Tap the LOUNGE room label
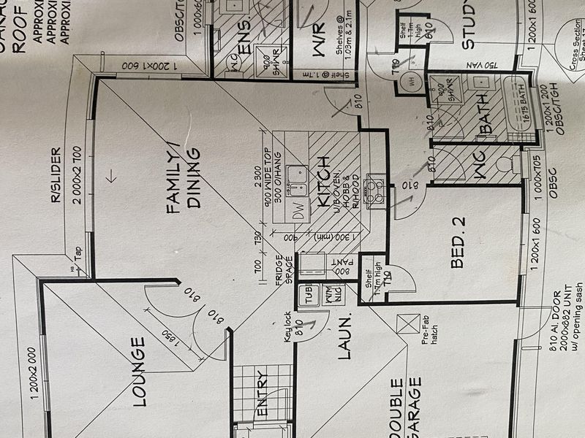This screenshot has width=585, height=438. (139, 370)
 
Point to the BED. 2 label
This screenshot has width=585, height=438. (458, 242)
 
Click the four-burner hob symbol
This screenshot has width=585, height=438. (376, 188)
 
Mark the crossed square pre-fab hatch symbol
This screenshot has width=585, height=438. (405, 322)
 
